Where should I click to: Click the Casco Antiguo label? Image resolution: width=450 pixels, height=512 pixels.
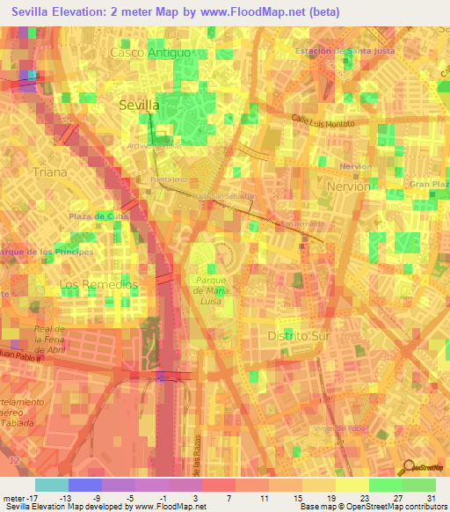coord(149,53)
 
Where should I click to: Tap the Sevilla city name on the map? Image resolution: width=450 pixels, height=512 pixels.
coord(139,105)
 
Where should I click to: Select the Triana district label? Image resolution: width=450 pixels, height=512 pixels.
coord(48,172)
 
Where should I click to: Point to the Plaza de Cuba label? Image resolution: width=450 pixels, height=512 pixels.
coord(99,216)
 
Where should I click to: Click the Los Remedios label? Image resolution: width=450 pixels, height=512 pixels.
coord(98,285)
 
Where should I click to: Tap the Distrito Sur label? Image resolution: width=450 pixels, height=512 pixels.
coord(297,336)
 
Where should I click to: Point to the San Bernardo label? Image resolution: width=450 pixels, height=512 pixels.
coord(302,224)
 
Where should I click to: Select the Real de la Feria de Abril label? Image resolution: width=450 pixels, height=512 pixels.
coord(50,337)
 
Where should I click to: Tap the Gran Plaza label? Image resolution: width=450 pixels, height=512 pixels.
coord(430,184)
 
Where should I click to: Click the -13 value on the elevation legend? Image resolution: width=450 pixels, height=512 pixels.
coord(67,497)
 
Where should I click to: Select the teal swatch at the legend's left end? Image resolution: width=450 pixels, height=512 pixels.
coord(52,485)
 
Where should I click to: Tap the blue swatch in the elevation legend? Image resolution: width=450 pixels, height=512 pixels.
coord(85,485)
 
